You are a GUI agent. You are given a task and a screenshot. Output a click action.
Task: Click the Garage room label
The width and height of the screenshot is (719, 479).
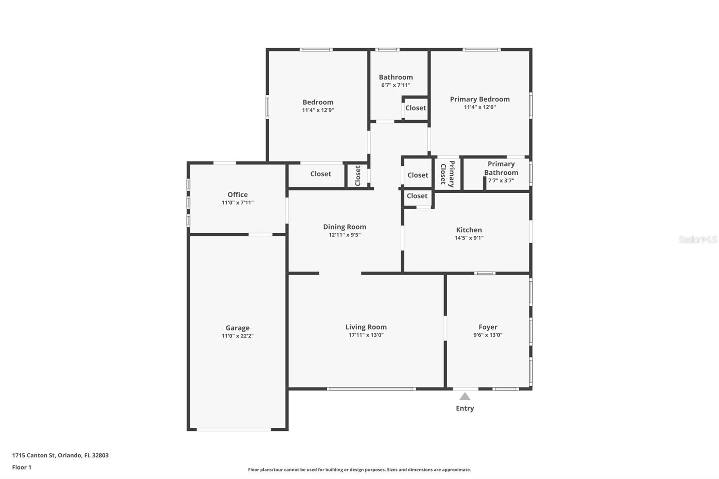237,328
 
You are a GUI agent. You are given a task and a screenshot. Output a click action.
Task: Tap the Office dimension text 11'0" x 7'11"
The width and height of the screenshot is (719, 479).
237,203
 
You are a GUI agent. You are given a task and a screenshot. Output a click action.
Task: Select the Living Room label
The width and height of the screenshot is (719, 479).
366,327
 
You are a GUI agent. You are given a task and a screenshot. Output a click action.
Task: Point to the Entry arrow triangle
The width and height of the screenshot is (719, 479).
465,396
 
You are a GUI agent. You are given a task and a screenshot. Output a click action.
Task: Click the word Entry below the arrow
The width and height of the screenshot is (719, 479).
465,408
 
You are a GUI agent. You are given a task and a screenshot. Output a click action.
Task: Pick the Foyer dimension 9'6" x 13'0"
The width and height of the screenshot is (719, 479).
488,335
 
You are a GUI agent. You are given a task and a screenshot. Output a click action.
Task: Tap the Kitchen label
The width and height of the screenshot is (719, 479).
469,230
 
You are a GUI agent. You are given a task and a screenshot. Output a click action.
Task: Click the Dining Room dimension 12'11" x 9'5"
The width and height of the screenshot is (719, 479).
344,235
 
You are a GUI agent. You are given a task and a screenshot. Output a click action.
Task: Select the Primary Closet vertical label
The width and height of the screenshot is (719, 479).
447,174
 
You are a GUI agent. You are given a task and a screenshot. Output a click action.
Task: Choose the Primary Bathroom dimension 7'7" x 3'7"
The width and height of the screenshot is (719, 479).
501,181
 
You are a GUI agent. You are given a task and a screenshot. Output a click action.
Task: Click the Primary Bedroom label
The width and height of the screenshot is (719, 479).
479,99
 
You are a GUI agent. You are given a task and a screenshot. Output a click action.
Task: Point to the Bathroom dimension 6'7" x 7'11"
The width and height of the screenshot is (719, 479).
395,85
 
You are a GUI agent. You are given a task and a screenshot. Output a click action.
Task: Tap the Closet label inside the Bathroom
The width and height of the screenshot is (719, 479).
416,108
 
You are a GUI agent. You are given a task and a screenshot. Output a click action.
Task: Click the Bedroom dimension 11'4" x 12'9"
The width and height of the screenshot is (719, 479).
318,110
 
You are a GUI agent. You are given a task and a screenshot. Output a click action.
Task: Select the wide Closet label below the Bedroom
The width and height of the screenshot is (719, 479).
320,174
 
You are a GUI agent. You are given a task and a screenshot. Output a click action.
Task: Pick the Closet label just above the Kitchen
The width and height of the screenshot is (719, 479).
417,196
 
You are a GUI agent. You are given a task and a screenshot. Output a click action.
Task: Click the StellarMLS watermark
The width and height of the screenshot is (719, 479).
697,239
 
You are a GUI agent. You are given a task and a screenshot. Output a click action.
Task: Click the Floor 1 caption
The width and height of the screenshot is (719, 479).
22,467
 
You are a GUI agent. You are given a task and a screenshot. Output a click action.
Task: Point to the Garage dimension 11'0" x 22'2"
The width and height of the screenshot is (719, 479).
237,336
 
